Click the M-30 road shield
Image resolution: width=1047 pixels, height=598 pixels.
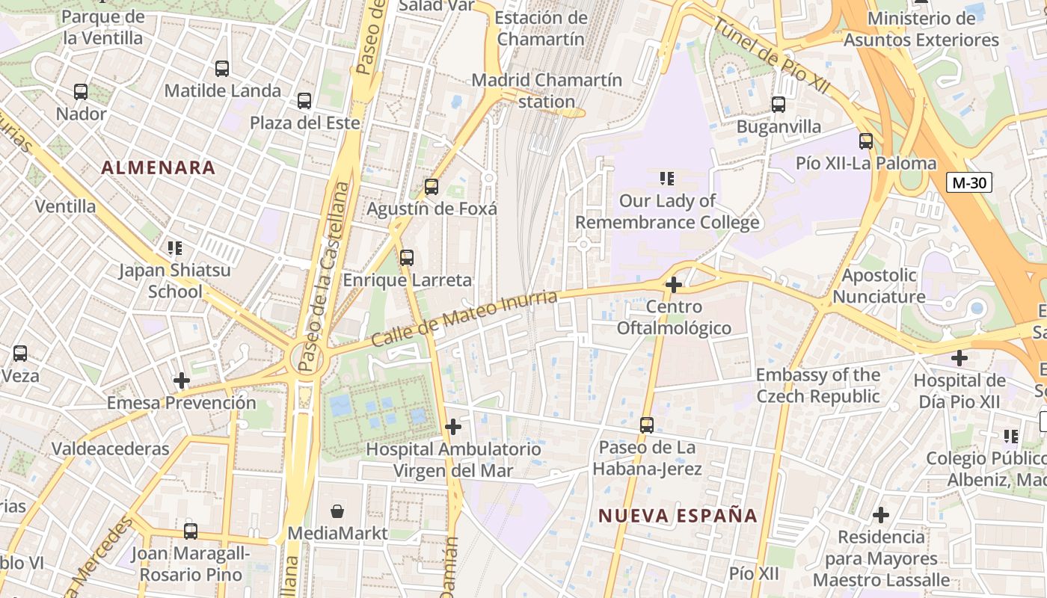968,182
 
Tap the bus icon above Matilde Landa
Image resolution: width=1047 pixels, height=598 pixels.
222,69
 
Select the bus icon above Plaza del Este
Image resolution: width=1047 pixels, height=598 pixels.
304,101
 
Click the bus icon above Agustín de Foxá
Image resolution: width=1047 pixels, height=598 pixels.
432,187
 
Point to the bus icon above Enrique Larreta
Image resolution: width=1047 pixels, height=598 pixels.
407,258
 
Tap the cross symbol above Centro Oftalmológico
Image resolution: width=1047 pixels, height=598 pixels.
674,285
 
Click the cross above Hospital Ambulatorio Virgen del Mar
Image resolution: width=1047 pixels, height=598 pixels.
453,427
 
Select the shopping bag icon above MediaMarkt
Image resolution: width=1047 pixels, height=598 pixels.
338,511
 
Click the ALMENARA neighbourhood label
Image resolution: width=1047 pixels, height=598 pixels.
159,167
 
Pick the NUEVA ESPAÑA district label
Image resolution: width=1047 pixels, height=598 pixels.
678,515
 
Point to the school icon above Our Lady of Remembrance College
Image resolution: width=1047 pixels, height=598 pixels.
667,179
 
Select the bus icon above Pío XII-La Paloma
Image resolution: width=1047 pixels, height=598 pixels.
866,141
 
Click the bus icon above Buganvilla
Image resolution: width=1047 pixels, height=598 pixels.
779,105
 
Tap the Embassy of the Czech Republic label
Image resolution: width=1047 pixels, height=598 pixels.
818,386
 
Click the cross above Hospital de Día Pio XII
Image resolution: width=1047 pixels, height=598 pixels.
960,358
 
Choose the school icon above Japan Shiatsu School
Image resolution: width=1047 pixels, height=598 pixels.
175,247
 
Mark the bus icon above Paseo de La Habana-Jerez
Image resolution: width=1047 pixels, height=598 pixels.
647,425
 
